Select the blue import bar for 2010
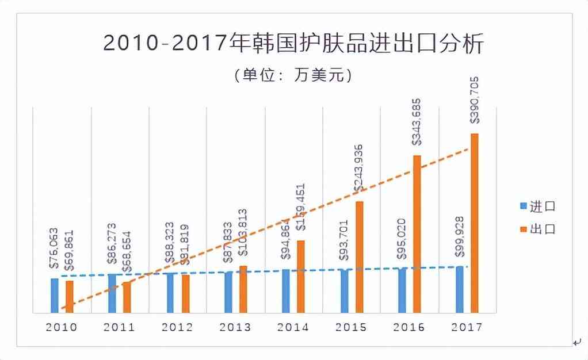[x=55, y=296]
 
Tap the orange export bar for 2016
[x=417, y=234]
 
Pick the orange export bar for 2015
[x=360, y=257]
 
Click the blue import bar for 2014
[x=286, y=291]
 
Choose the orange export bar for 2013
[x=243, y=289]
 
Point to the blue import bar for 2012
[x=170, y=293]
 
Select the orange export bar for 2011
[x=127, y=297]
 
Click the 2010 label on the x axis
[x=61, y=327]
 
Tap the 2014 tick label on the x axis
[x=293, y=327]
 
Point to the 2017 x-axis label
[x=467, y=327]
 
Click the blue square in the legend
[x=524, y=206]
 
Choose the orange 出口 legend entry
[x=537, y=229]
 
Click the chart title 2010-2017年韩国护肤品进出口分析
[x=293, y=44]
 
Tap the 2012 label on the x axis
[x=177, y=327]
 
